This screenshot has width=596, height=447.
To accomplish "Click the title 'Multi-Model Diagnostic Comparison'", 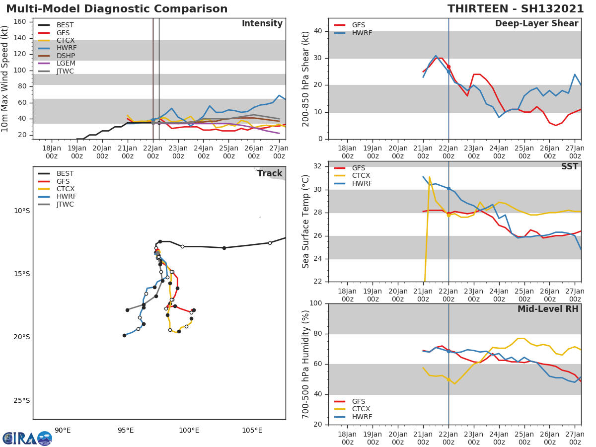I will point(117,9).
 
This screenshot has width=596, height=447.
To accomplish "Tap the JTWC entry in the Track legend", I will point(65,204).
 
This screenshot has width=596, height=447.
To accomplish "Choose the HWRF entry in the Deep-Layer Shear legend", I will point(362,33).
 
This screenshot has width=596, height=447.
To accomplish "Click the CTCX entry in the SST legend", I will point(362,176).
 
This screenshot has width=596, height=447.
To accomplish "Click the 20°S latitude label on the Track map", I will point(22,337).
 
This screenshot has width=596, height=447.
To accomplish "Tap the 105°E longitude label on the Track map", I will point(252,430).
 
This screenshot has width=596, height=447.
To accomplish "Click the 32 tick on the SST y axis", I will point(318,166).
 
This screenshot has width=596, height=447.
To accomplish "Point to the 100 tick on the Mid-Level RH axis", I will point(316,303).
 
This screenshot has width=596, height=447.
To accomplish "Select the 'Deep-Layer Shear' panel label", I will point(536,24).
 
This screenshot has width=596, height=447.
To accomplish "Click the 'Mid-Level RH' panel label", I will point(548,309).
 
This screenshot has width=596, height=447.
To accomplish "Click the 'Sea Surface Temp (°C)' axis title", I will point(306,222).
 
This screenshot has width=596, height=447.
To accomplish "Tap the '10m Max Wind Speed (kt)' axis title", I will point(5,78).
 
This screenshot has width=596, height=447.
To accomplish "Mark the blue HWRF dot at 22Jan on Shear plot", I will point(448,72).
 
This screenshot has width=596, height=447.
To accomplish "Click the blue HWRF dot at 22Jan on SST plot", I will point(448,189).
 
